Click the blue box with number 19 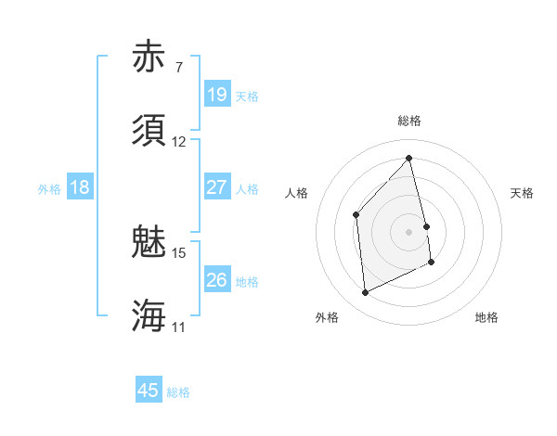pos(216,95)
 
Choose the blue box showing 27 pos(216,187)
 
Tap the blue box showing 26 pos(216,280)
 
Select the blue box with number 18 pos(80,187)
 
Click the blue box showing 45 pos(149,391)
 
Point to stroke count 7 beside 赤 pos(179,68)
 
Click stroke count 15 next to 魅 pos(179,252)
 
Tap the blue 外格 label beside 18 pos(49,189)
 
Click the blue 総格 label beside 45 pos(178,392)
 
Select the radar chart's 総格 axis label pos(409,121)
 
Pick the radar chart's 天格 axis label pos(523,193)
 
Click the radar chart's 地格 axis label pos(486,317)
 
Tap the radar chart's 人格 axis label pos(296,193)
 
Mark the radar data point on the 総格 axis pos(409,159)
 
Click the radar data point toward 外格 pos(365,292)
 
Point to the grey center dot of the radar pos(409,231)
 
